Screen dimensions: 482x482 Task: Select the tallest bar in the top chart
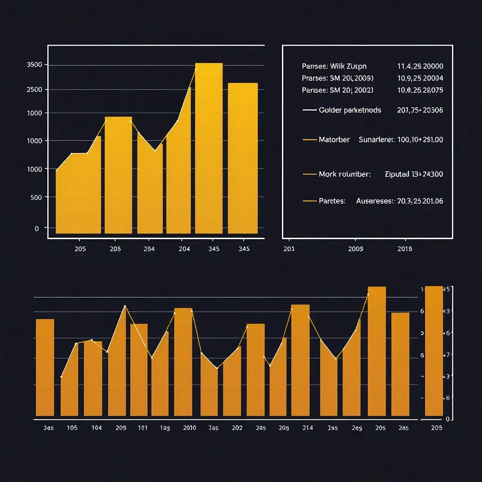coord(209,148)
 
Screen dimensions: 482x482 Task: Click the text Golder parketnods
coord(350,110)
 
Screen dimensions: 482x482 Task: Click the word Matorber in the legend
coord(334,140)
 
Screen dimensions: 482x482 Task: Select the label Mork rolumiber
coord(345,174)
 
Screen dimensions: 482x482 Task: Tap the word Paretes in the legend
coord(332,201)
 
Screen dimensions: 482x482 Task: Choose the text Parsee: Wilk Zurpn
coord(334,66)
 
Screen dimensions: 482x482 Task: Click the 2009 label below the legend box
coord(355,249)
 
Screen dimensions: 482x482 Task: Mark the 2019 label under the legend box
coord(405,249)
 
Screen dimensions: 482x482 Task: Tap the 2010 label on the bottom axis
coord(189,428)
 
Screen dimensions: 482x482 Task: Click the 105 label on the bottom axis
coord(72,428)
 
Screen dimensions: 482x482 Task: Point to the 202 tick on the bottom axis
coord(237,428)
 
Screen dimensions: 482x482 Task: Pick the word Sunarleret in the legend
coord(376,140)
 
